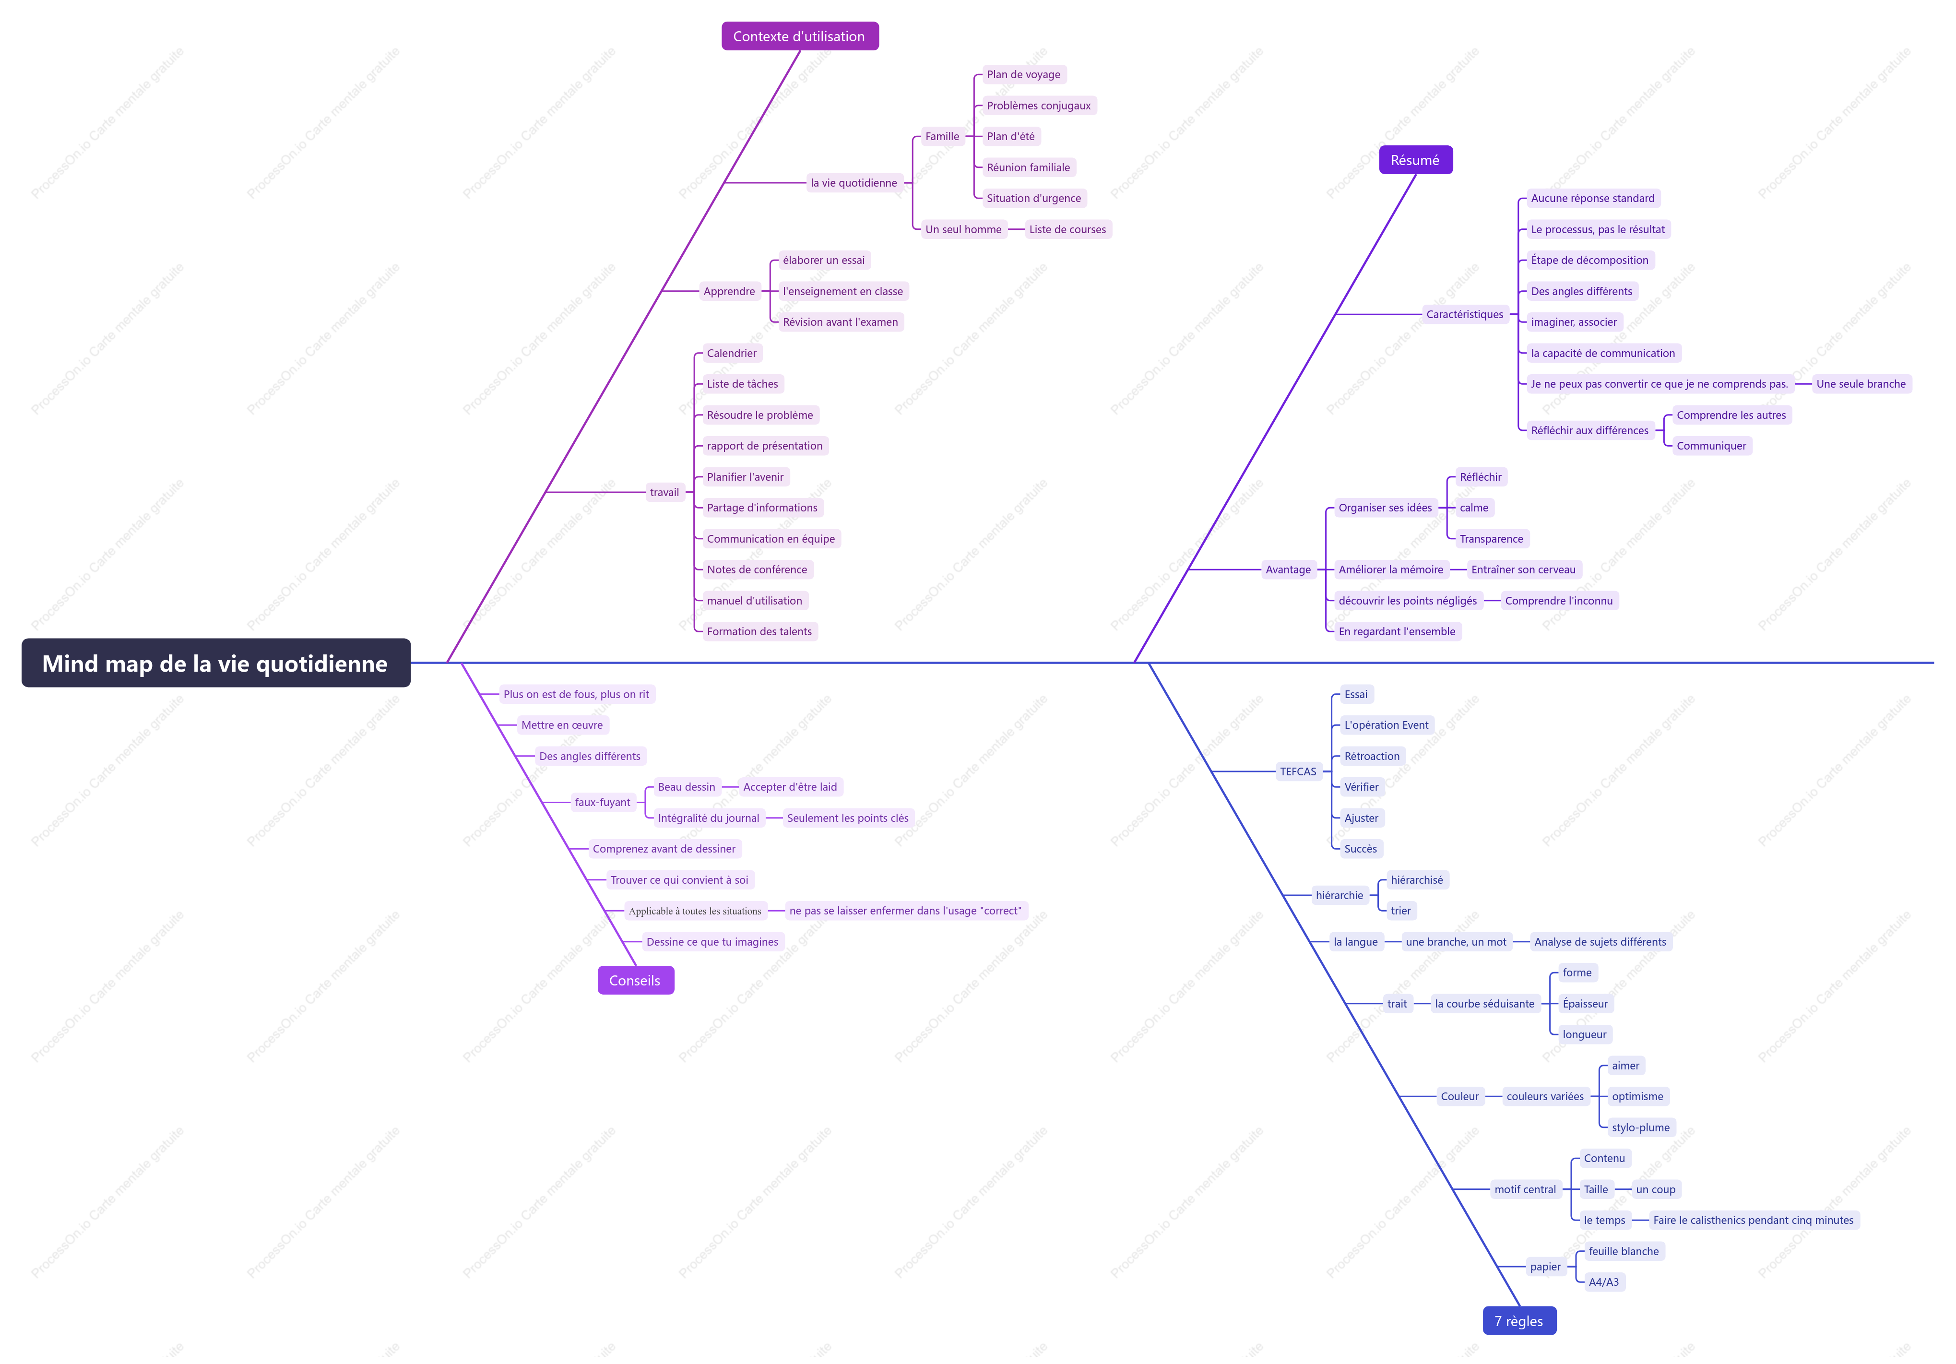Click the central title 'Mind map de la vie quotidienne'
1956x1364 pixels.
click(x=215, y=663)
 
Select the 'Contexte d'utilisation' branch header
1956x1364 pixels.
click(x=799, y=36)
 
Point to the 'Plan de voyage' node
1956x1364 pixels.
click(x=1023, y=74)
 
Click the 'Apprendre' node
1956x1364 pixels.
click(x=729, y=291)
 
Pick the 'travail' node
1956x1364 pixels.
click(x=664, y=492)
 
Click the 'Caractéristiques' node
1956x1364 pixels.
click(x=1465, y=314)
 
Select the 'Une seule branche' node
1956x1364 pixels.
click(x=1861, y=384)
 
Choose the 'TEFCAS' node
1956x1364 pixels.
click(x=1298, y=772)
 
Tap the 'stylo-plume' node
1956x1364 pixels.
click(x=1641, y=1128)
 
